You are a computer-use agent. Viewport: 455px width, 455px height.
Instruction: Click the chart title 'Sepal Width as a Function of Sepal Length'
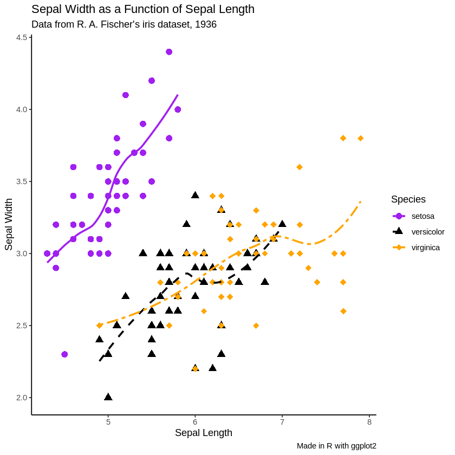point(143,9)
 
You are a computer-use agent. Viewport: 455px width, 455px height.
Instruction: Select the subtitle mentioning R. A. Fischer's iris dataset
point(124,24)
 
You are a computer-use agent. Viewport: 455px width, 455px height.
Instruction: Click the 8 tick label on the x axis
point(369,422)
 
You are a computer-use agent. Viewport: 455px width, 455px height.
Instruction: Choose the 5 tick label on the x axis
point(108,422)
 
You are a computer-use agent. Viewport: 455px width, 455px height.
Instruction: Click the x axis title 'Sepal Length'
point(204,433)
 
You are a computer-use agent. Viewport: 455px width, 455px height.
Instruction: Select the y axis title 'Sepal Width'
point(9,224)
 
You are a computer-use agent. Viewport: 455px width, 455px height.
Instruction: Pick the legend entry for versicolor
point(427,232)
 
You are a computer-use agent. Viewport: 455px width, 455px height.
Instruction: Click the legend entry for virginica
point(425,248)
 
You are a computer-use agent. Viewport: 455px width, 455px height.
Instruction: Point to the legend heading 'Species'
point(408,199)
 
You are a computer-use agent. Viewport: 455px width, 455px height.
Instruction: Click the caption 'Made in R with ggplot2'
point(336,446)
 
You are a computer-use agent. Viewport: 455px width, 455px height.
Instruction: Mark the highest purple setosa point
point(169,52)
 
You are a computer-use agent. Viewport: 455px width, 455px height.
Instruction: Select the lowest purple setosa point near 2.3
point(64,354)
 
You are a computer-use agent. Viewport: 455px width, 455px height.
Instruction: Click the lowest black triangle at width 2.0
point(108,397)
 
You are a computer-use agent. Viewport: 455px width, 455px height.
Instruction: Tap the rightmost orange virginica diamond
point(360,138)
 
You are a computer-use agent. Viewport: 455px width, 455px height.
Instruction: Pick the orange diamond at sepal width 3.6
point(300,167)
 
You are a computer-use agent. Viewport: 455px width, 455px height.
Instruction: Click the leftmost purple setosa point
point(47,253)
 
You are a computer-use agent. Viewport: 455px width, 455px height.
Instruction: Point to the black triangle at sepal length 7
point(282,224)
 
